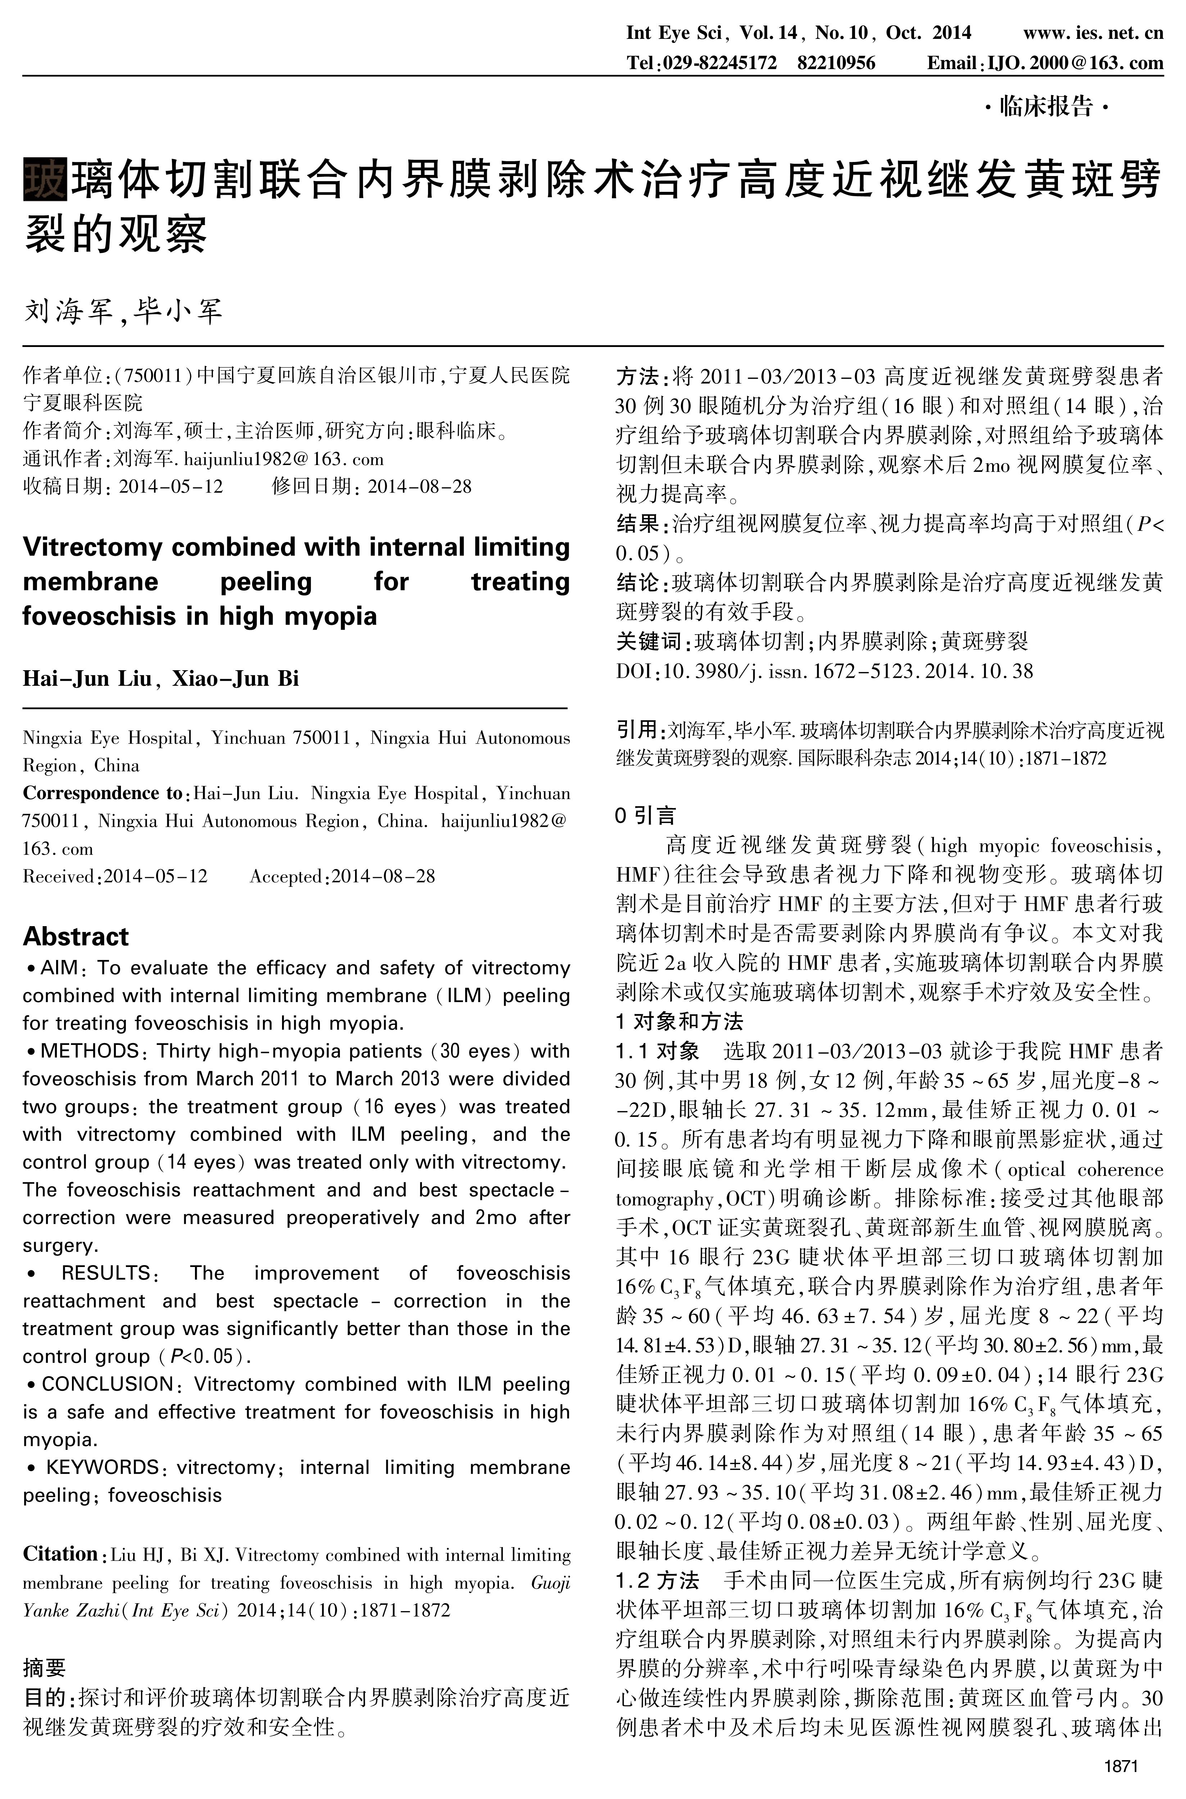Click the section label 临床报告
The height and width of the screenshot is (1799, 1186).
(x=1046, y=107)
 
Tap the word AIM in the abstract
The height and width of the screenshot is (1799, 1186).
(x=59, y=968)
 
